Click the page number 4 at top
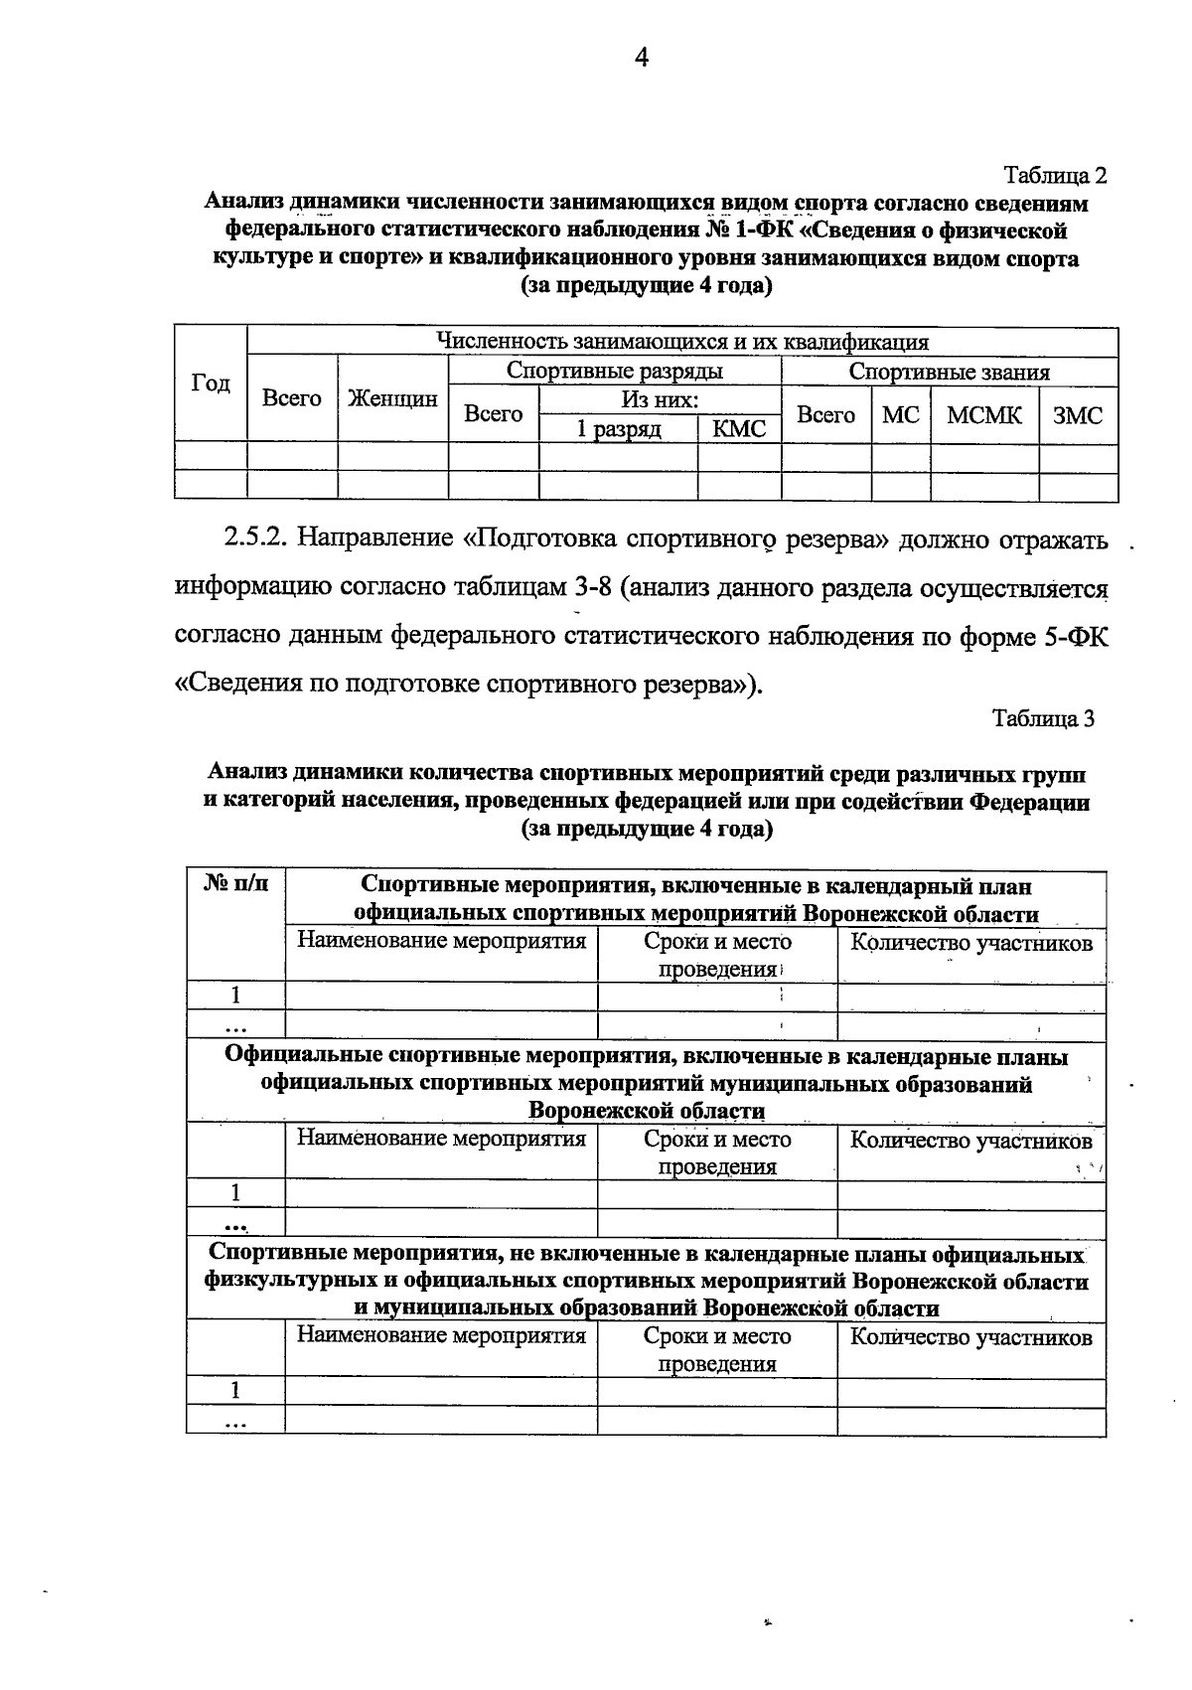641,59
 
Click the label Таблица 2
1055,176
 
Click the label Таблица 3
1043,719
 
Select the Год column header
211,384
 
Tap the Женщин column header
392,399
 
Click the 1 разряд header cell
619,429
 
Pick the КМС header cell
739,429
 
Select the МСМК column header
983,415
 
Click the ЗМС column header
1078,415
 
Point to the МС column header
900,415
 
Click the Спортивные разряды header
614,372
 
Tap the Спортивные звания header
949,373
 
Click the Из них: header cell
660,400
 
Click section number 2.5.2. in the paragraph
255,540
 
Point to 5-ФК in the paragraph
1075,637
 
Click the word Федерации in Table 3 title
1029,802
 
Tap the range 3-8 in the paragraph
590,588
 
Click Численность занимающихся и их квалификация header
682,343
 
